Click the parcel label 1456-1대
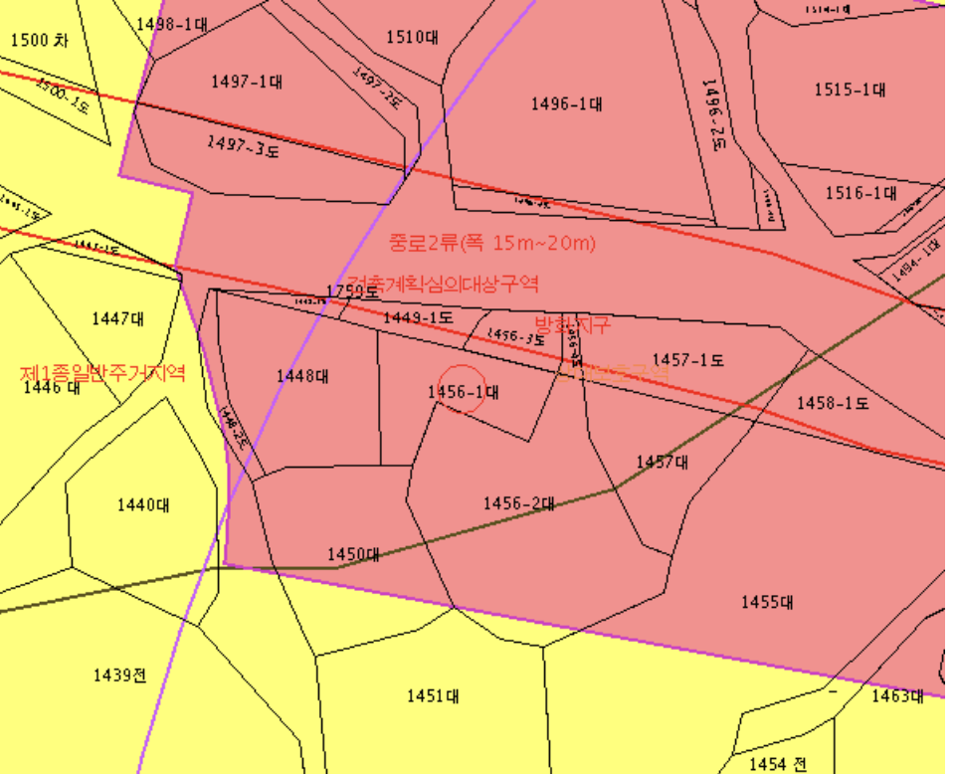pyautogui.click(x=463, y=393)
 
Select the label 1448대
pyautogui.click(x=303, y=375)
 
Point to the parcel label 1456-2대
pyautogui.click(x=518, y=503)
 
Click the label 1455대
pyautogui.click(x=766, y=602)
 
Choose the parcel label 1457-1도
pyautogui.click(x=688, y=360)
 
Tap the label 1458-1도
pyautogui.click(x=833, y=403)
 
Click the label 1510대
pyautogui.click(x=412, y=38)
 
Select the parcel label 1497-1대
pyautogui.click(x=246, y=82)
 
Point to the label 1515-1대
pyautogui.click(x=850, y=89)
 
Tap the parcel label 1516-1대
pyautogui.click(x=861, y=193)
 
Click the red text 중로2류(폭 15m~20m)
pyautogui.click(x=491, y=243)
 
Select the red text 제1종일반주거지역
pyautogui.click(x=102, y=374)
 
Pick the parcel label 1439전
pyautogui.click(x=119, y=676)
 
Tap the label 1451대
pyautogui.click(x=432, y=696)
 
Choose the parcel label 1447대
pyautogui.click(x=117, y=318)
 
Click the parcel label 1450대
pyautogui.click(x=354, y=554)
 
